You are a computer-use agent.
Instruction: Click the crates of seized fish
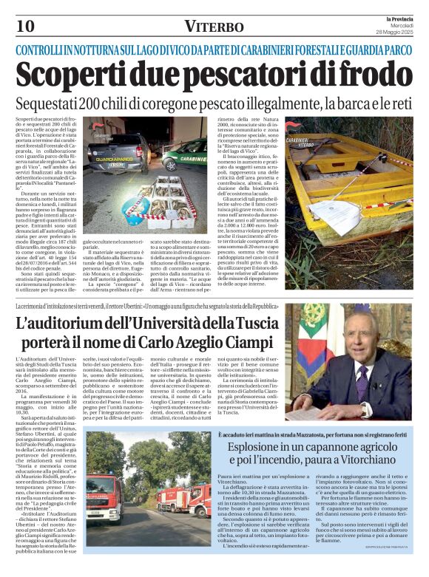point(160,201)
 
